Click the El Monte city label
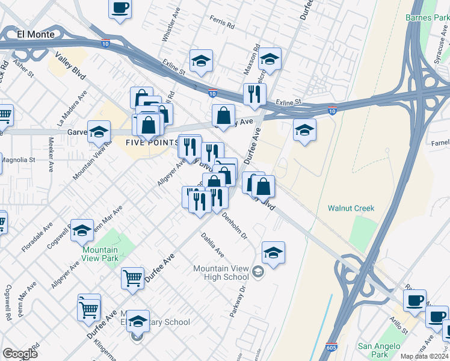coord(36,34)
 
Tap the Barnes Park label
coord(427,18)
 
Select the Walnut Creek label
coord(351,209)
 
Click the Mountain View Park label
coord(100,254)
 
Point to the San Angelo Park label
coord(378,350)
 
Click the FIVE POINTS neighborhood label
coord(152,142)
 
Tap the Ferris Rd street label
coord(222,25)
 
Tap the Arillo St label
coord(399,326)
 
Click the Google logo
coord(20,354)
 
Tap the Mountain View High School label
coord(221,273)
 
